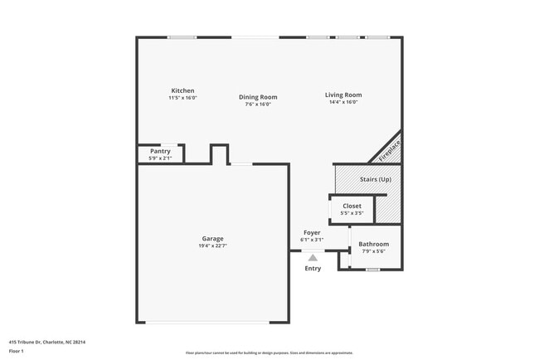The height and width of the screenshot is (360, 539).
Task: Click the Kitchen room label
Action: point(182,90)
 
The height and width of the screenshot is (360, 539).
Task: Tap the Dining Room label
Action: point(258,97)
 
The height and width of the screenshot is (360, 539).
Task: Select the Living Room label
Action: point(342,95)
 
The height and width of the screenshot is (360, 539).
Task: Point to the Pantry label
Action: point(160,151)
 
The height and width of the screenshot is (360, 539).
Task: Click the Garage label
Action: point(212,238)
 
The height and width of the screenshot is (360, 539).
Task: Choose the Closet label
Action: point(352,206)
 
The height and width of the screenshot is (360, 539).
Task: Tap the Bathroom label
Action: point(373,244)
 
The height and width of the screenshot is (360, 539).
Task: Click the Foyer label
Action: point(312,233)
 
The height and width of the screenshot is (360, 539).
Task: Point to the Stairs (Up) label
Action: point(375,178)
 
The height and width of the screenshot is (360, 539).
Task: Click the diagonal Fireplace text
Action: point(390,150)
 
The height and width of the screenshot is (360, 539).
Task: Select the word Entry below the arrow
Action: point(313,268)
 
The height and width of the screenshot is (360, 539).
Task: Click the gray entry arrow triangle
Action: point(313,258)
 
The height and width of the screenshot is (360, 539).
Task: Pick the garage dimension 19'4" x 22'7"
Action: point(212,246)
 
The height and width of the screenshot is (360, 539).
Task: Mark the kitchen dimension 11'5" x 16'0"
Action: point(182,98)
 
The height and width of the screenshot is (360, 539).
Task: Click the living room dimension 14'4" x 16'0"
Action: point(342,102)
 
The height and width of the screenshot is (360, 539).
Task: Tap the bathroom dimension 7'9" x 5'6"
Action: point(373,251)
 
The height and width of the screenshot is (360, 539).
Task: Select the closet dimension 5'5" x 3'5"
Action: point(352,213)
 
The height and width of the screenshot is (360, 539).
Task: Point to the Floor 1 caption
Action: point(17,351)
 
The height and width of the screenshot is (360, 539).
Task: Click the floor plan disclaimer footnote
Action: point(269,353)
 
